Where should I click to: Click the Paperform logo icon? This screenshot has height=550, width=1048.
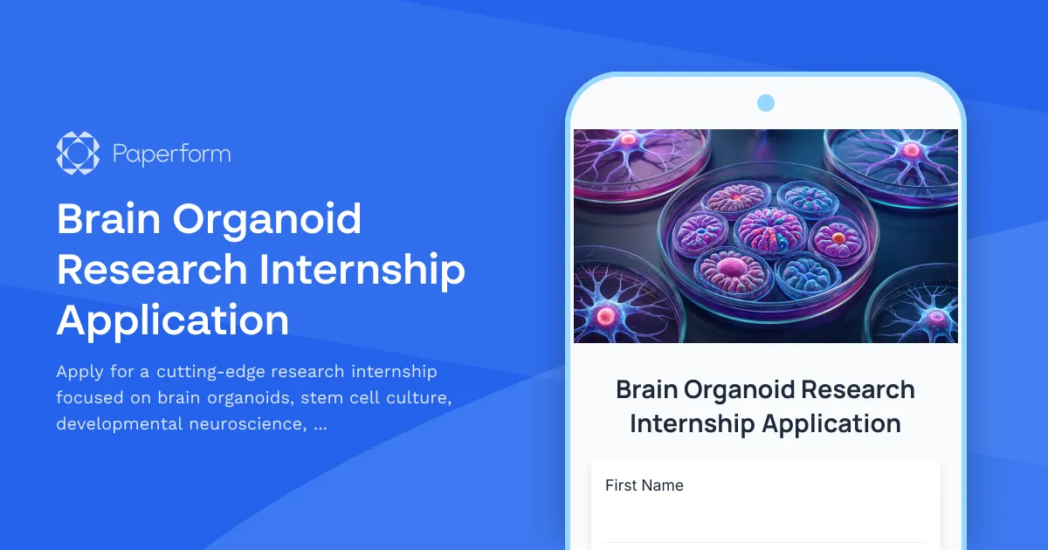[78, 154]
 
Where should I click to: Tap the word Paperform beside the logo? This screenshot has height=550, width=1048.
[172, 155]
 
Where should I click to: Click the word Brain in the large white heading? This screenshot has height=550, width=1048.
[108, 219]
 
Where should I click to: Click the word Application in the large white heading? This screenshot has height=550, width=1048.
[173, 320]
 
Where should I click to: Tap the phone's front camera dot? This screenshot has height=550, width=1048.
[766, 103]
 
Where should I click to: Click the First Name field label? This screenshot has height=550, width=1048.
[645, 485]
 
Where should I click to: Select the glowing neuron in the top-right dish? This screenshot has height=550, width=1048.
[911, 150]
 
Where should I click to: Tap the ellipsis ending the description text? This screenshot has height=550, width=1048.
[320, 427]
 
